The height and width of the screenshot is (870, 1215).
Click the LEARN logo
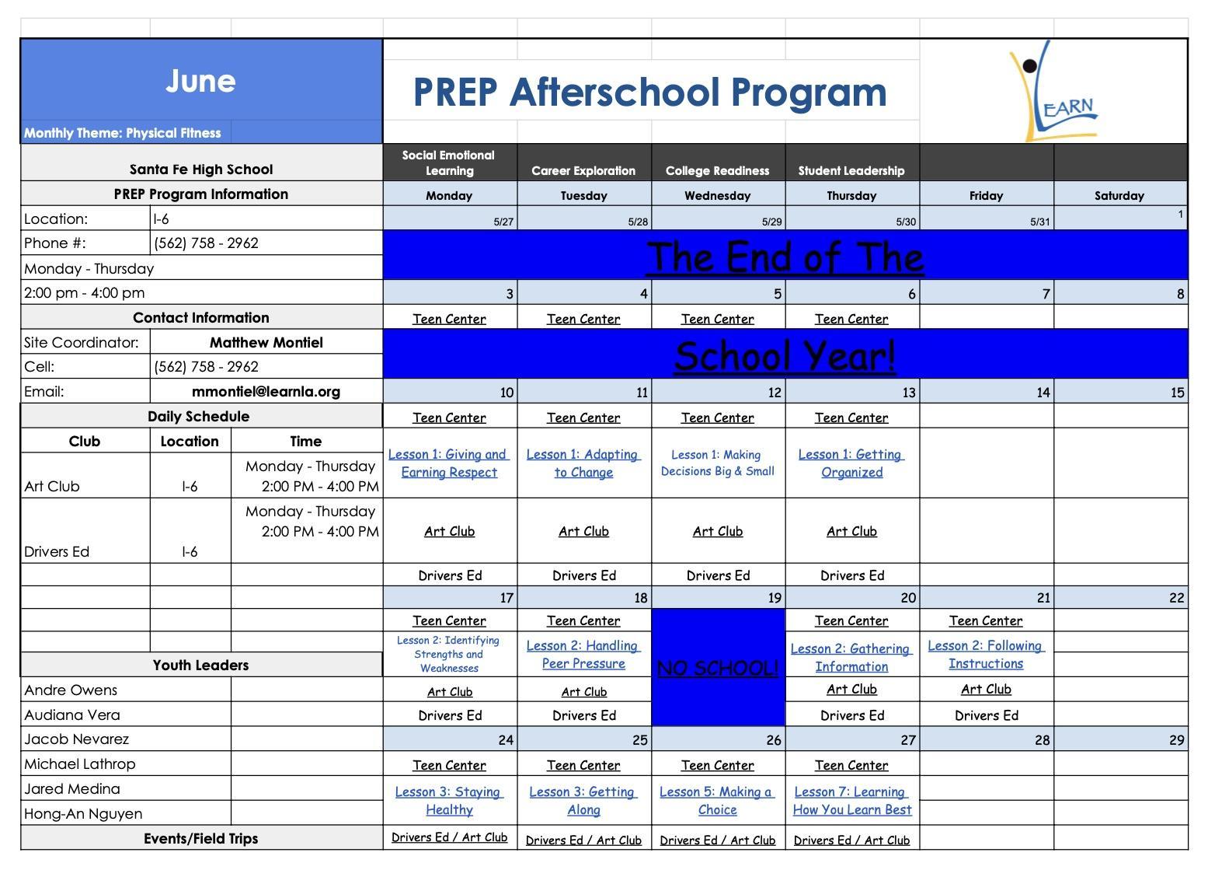1053,92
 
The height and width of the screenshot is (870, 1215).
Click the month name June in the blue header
200,81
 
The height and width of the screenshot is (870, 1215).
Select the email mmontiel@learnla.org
266,392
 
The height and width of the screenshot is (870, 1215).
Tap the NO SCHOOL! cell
718,669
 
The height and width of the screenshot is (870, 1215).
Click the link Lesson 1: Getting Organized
851,463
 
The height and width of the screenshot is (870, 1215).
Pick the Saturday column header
1119,196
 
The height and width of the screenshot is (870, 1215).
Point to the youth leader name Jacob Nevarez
77,739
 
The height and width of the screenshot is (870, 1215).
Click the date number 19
774,598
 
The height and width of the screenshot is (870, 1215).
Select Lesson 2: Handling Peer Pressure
583,655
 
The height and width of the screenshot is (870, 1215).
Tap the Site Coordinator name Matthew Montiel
266,342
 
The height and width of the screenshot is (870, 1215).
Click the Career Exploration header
583,170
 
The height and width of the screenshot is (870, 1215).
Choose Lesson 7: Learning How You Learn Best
851,801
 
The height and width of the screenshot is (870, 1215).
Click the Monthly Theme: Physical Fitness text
123,133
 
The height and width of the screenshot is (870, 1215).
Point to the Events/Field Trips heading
200,839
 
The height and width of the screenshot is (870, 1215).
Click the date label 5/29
771,222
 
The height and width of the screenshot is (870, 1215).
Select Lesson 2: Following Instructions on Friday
986,655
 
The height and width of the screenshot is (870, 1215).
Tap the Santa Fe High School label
200,169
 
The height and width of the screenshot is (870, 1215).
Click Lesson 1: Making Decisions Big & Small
718,463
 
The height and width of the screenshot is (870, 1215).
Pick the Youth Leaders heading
200,666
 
